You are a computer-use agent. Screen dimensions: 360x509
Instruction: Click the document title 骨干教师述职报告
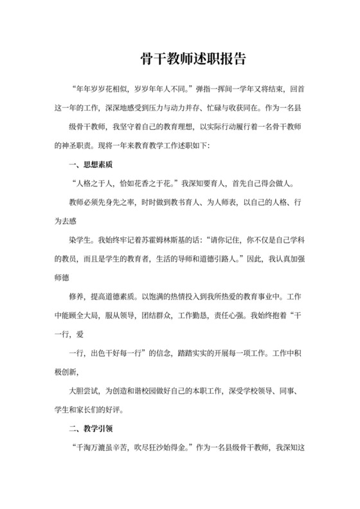(x=193, y=59)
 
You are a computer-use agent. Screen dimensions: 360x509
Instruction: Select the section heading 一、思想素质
(x=91, y=165)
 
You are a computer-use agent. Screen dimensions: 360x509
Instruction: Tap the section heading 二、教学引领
(x=91, y=427)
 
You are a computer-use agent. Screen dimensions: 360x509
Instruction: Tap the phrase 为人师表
(x=230, y=202)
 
